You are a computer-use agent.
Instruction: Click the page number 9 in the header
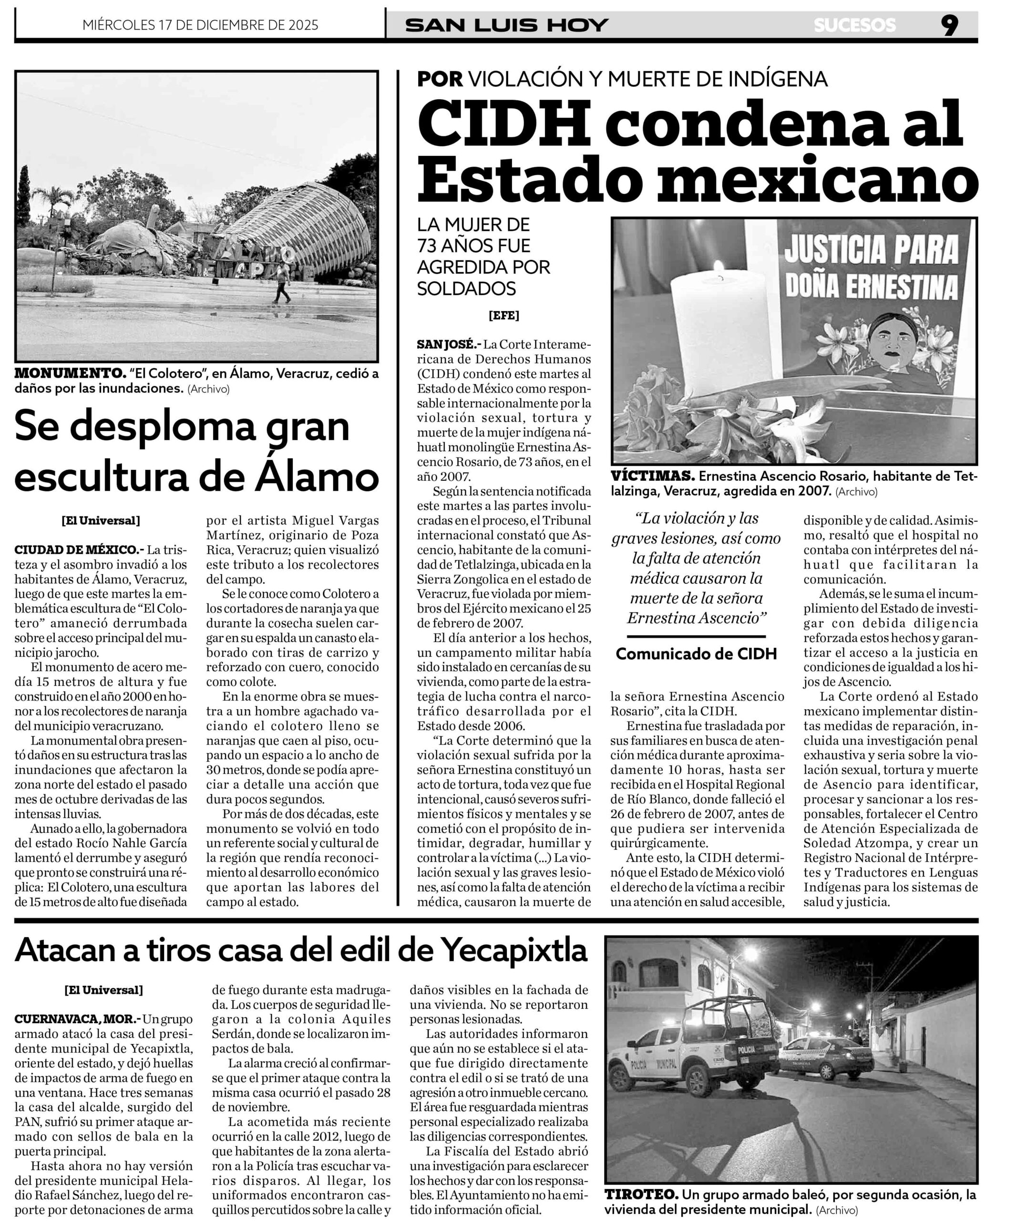[x=949, y=26]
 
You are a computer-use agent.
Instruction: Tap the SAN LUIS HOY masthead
[x=506, y=26]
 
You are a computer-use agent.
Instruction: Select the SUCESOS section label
[x=854, y=26]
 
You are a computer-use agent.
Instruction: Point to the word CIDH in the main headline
[x=503, y=124]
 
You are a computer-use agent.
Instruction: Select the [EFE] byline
[x=503, y=316]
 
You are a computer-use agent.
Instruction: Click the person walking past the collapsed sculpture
[x=283, y=281]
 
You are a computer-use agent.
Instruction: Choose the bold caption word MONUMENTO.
[x=70, y=373]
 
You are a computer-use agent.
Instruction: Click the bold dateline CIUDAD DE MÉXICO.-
[x=79, y=549]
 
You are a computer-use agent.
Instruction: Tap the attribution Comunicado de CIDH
[x=696, y=654]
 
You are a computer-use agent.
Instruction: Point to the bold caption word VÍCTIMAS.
[x=653, y=476]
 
